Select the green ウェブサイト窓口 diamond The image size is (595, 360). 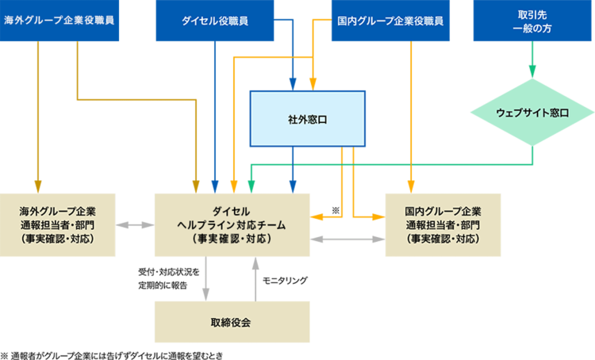click(532, 113)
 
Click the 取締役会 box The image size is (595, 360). click(232, 323)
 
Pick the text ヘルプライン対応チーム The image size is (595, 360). click(232, 224)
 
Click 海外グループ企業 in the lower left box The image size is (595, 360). click(58, 212)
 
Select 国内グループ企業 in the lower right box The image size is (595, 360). click(443, 212)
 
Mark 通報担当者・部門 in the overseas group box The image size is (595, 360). click(58, 224)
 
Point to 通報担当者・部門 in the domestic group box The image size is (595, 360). click(443, 224)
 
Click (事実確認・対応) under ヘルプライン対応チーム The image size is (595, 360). click(232, 238)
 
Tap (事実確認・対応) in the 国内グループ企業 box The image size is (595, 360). click(443, 238)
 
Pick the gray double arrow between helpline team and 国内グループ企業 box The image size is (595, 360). click(347, 237)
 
